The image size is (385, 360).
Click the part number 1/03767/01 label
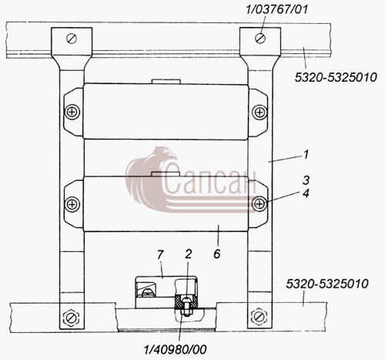click(x=276, y=10)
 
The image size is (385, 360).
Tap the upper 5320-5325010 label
click(x=336, y=77)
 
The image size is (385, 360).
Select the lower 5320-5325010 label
click(x=327, y=284)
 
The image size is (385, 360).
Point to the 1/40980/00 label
click(x=175, y=349)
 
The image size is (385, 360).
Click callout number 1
click(x=306, y=155)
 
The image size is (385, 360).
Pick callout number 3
click(x=306, y=180)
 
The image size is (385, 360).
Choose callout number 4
click(x=306, y=193)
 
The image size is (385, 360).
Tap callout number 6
click(x=217, y=254)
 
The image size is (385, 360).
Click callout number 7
click(x=160, y=255)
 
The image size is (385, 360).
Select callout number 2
click(x=188, y=254)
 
